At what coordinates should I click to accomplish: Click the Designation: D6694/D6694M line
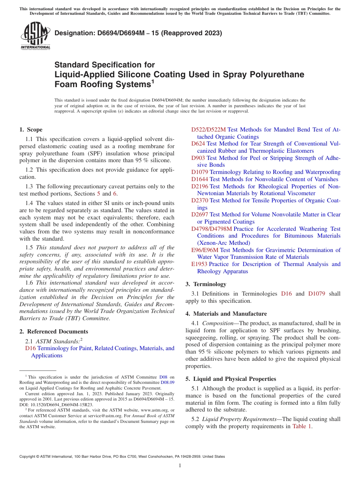click(138, 33)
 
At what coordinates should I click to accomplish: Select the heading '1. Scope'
click(31, 130)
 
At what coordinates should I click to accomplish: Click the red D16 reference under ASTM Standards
click(30, 348)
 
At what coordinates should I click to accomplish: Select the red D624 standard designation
click(198, 144)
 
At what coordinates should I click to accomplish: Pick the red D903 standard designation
click(198, 158)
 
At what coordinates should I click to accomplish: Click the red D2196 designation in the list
click(200, 186)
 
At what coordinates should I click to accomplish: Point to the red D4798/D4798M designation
click(211, 229)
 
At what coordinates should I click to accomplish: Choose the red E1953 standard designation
click(199, 264)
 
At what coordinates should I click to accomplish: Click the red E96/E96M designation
click(205, 250)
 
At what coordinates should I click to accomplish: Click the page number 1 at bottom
click(180, 466)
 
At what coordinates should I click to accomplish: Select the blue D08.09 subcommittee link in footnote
click(167, 382)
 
